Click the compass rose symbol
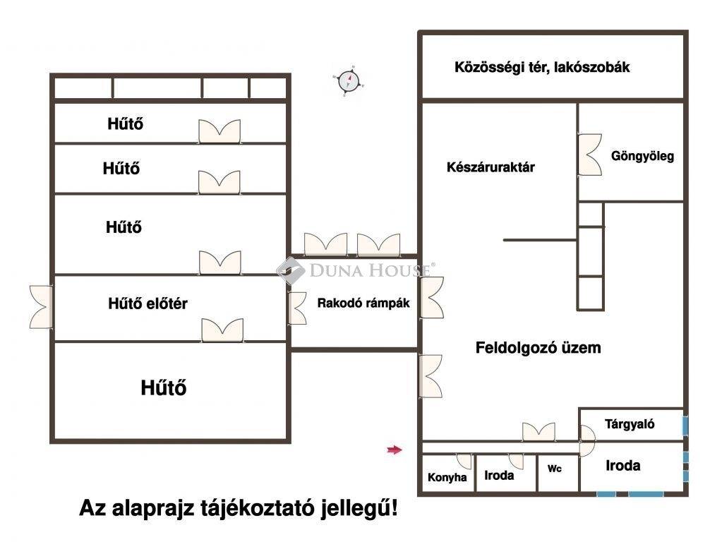click(x=348, y=81)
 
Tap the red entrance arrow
click(x=394, y=450)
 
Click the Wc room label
click(x=555, y=469)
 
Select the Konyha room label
click(x=447, y=478)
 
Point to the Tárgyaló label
click(x=630, y=424)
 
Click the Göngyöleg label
click(x=642, y=156)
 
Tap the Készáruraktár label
click(x=491, y=167)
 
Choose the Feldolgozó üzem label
click(x=538, y=348)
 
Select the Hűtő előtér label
click(x=148, y=304)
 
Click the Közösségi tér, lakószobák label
click(x=542, y=68)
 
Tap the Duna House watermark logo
click(x=353, y=270)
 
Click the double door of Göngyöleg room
click(x=589, y=155)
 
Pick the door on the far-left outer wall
click(x=41, y=307)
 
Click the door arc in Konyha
click(x=464, y=460)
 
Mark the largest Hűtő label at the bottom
click(x=164, y=387)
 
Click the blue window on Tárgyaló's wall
click(x=685, y=426)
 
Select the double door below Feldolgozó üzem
click(x=538, y=432)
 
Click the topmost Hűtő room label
click(x=126, y=124)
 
